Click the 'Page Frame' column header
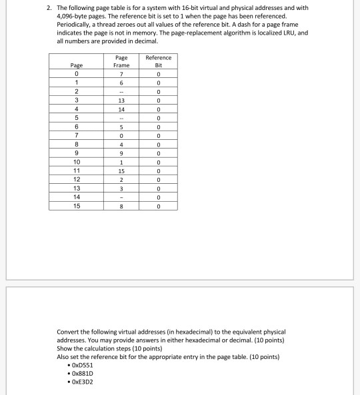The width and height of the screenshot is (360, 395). pos(122,61)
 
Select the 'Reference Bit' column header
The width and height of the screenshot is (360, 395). pos(158,61)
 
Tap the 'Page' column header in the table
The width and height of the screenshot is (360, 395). pos(77,65)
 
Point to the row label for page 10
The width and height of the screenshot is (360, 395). pos(77,162)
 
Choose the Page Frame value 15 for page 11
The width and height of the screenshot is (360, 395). pos(122,171)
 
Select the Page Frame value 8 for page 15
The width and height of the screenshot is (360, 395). pos(122,206)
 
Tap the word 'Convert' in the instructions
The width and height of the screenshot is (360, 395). pos(69,331)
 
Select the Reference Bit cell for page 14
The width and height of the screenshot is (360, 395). pos(158,197)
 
